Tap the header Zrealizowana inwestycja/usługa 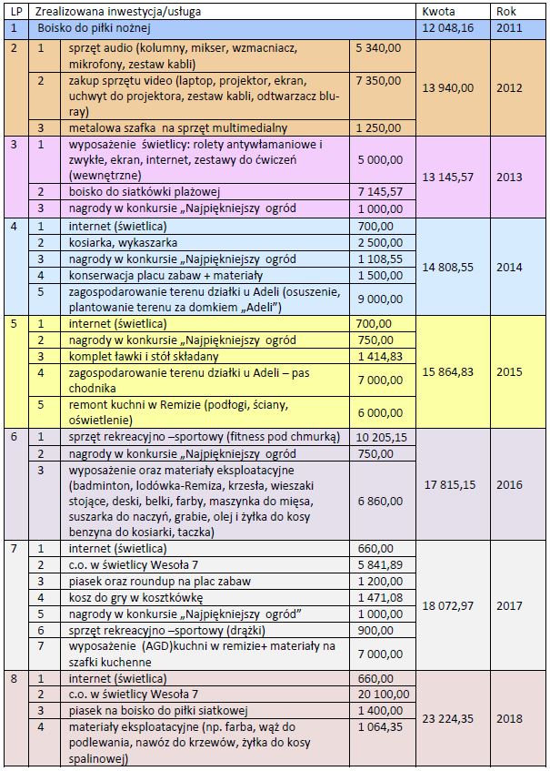tap(117, 12)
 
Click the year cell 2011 tap(510, 28)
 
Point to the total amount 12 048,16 tap(449, 28)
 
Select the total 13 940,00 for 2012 tap(449, 87)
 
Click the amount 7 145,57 tap(379, 192)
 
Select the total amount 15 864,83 tap(449, 372)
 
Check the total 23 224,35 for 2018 tap(449, 719)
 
